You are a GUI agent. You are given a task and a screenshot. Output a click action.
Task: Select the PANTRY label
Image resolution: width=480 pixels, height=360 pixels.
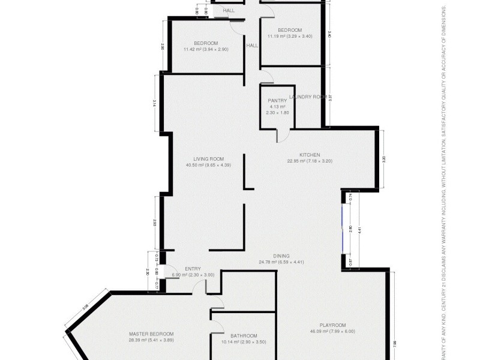(x=277, y=100)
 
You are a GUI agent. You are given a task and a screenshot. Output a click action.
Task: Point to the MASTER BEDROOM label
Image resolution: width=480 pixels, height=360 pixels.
(x=151, y=334)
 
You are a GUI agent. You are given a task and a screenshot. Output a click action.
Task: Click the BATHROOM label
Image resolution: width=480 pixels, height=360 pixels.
(x=244, y=335)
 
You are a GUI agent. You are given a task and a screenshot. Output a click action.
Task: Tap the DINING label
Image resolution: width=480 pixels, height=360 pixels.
(x=281, y=256)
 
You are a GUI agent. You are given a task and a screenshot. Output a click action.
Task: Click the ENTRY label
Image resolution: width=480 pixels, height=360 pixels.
(x=193, y=269)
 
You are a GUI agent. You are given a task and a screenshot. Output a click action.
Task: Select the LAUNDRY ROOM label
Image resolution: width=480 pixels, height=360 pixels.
(x=307, y=97)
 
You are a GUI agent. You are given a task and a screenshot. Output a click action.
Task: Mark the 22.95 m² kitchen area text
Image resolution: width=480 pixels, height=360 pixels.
(x=310, y=161)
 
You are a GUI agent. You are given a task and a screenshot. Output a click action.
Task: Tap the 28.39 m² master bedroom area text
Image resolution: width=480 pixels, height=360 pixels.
(x=151, y=341)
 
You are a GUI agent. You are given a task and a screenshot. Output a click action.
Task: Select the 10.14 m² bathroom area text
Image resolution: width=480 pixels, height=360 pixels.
(x=244, y=342)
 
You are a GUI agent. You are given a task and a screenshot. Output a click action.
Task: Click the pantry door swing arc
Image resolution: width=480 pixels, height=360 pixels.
(x=279, y=136)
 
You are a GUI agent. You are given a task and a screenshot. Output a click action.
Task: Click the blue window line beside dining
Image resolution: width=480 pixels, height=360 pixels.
(x=343, y=229)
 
